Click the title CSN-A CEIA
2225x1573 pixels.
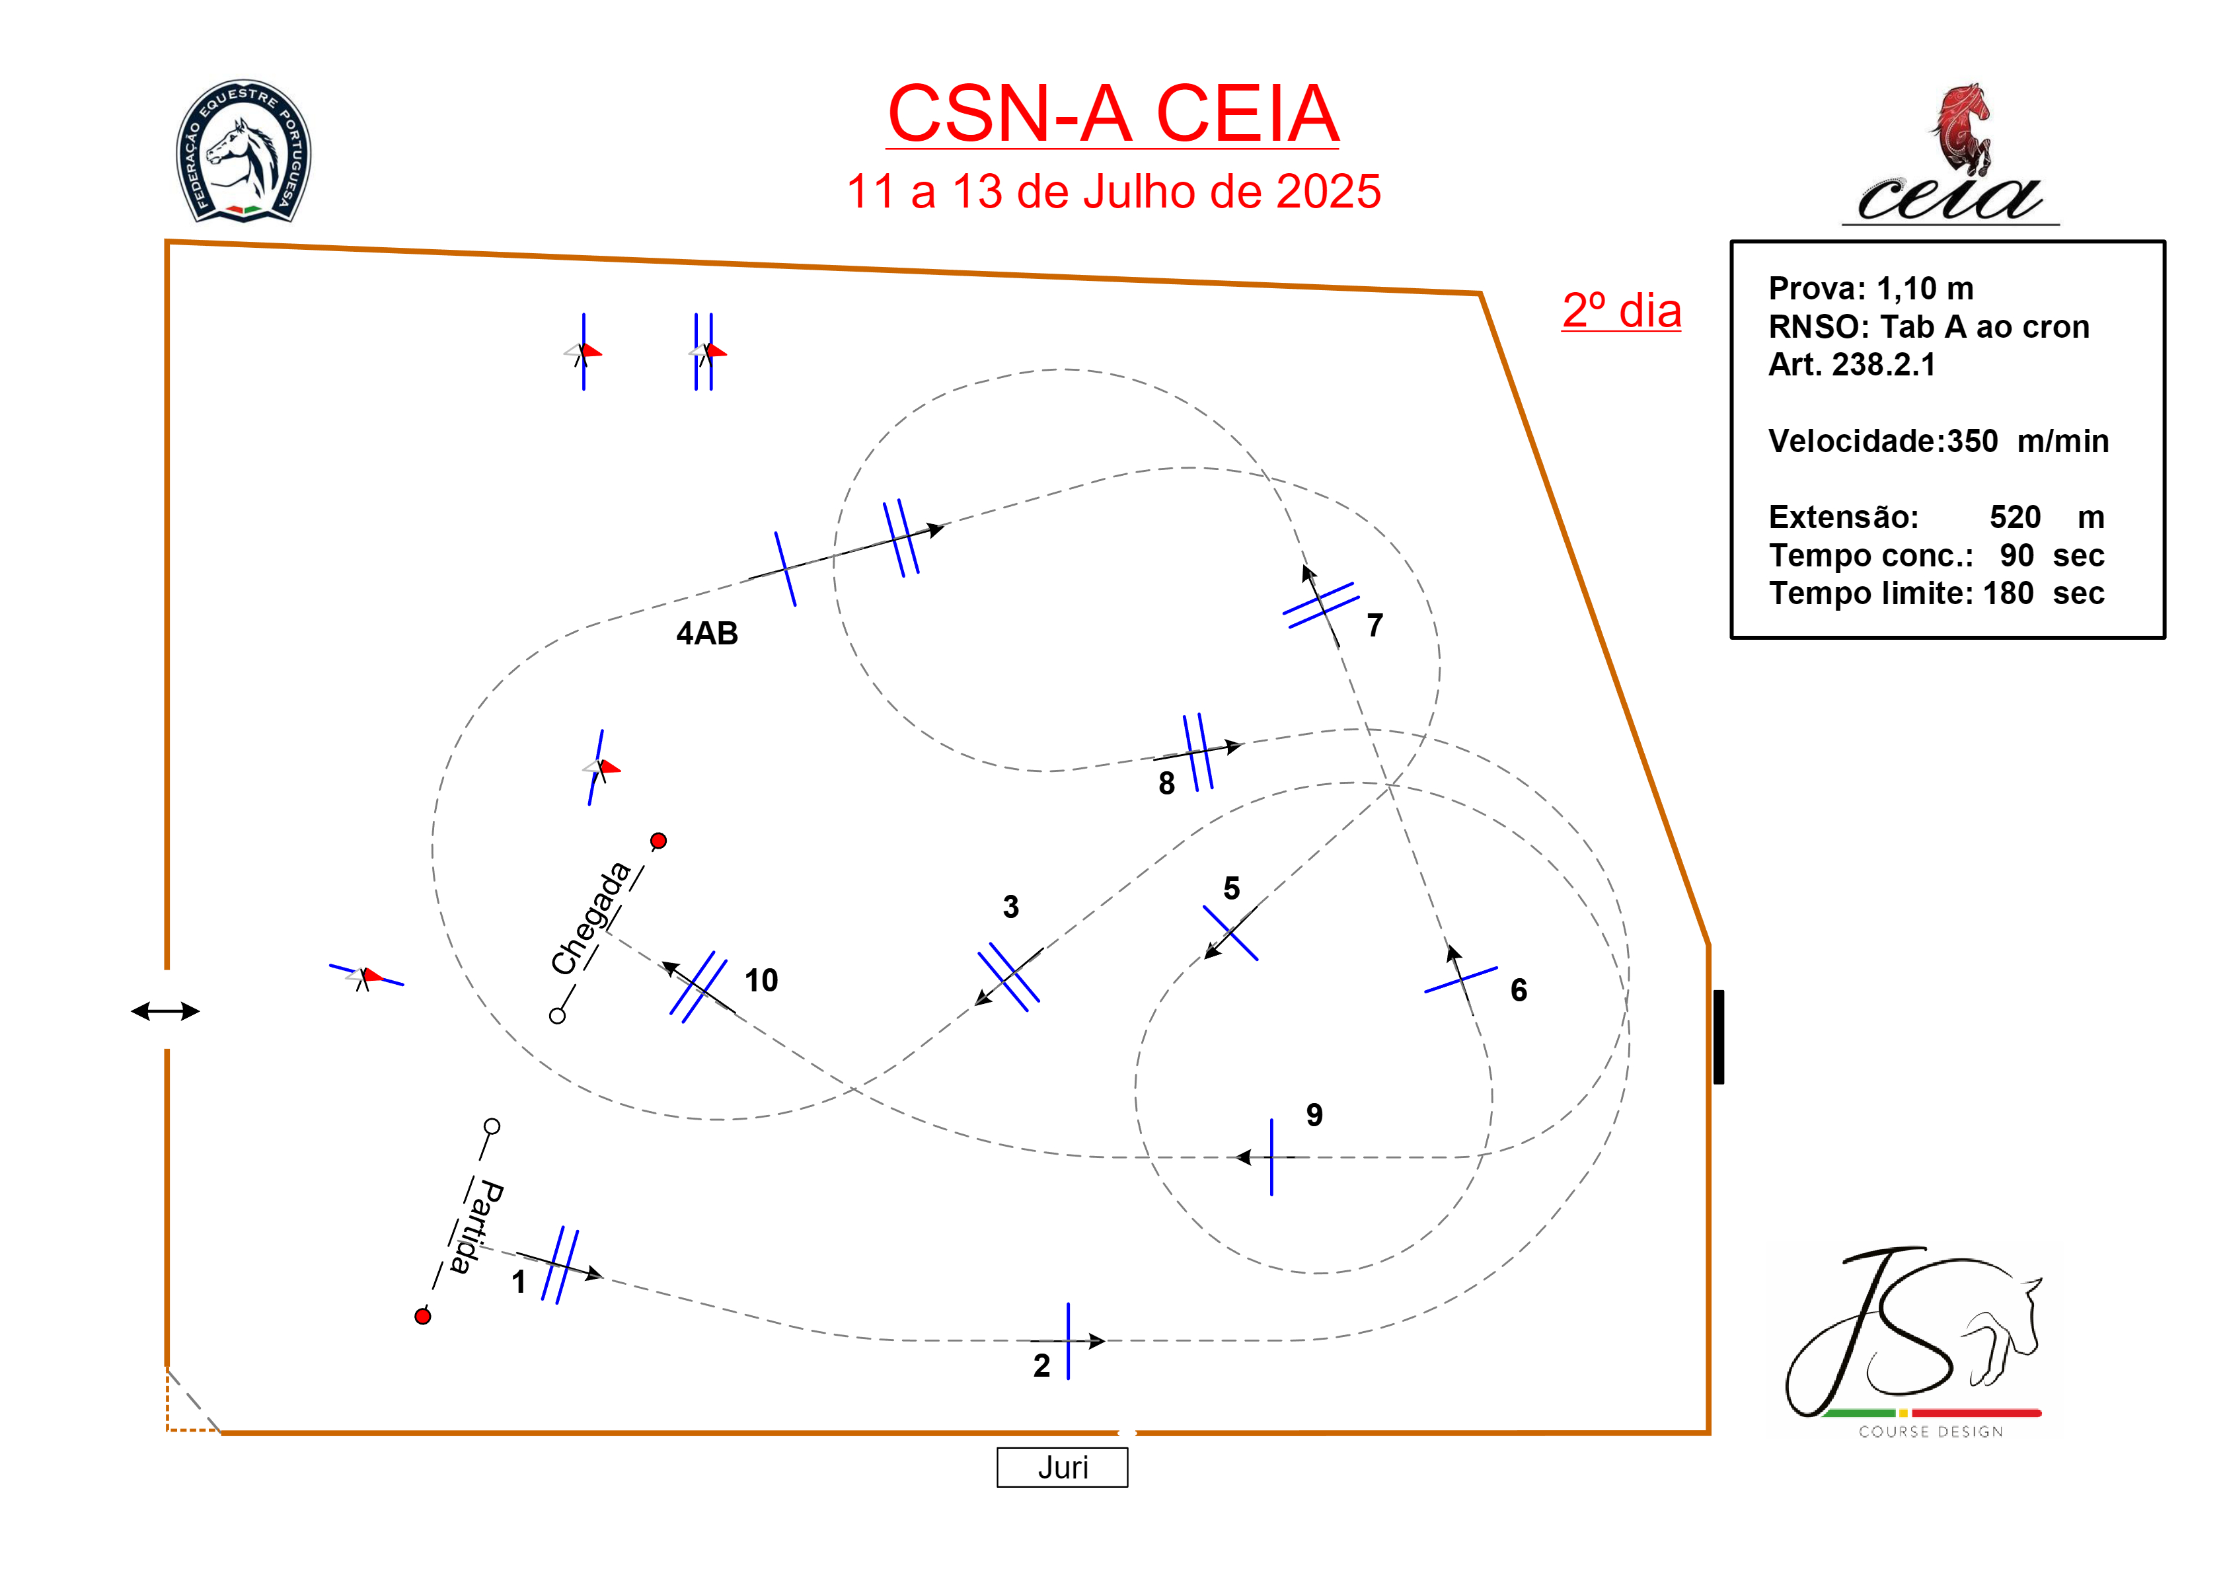(1113, 114)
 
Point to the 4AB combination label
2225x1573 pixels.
(706, 633)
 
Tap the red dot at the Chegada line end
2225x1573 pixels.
(659, 840)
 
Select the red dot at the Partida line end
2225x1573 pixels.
(422, 1315)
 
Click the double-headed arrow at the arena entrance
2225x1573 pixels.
(166, 1011)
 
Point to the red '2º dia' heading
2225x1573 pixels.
(1621, 311)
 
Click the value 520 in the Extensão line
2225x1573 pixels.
(2015, 517)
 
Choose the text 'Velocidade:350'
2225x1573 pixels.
(1882, 441)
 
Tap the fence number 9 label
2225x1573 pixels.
(1314, 1114)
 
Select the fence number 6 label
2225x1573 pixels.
(1519, 989)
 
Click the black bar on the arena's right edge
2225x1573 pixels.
(1718, 1036)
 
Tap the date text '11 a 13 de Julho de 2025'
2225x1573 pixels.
(1113, 191)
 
